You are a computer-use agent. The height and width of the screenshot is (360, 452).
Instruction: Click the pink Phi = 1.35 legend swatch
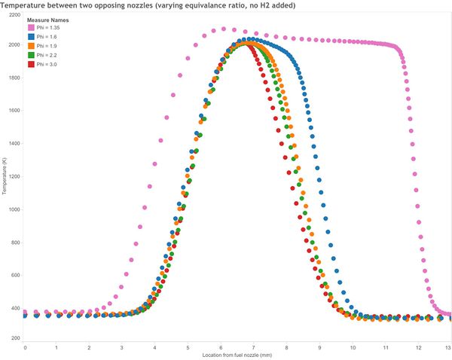[31, 28]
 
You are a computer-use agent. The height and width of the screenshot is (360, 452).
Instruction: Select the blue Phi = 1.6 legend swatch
[31, 37]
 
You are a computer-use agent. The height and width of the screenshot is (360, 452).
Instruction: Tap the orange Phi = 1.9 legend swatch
[31, 46]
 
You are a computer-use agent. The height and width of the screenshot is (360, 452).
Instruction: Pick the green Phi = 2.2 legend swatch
[31, 55]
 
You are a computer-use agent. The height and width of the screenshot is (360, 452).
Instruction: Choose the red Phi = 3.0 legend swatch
[31, 64]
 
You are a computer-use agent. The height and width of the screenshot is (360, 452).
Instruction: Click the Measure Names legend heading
[48, 20]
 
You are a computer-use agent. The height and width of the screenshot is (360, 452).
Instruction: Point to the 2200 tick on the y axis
[15, 15]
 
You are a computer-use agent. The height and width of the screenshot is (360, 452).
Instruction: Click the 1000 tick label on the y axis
[15, 209]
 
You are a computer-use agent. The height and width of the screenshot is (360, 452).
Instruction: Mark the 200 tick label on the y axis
[16, 338]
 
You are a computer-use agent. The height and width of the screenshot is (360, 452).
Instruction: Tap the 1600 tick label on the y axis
[15, 111]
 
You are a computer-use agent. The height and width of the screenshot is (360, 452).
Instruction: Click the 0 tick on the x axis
[25, 348]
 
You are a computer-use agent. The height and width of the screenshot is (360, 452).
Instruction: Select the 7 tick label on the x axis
[253, 348]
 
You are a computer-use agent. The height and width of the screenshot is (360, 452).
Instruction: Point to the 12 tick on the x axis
[418, 348]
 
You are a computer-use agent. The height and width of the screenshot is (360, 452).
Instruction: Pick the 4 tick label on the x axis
[154, 348]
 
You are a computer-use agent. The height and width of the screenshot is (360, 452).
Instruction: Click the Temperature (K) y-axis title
[4, 175]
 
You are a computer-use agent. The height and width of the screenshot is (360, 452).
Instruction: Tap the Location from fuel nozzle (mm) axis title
[237, 355]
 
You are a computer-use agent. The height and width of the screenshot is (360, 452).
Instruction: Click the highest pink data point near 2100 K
[224, 29]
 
